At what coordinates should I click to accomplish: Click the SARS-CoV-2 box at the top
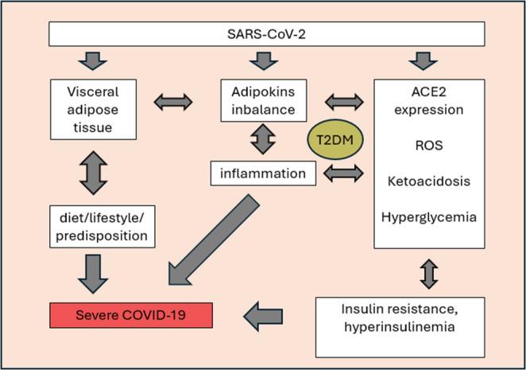click(x=267, y=33)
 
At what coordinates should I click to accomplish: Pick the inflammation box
click(x=262, y=173)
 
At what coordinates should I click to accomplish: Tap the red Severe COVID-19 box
click(x=131, y=314)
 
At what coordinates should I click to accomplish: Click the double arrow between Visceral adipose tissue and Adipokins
click(x=172, y=101)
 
